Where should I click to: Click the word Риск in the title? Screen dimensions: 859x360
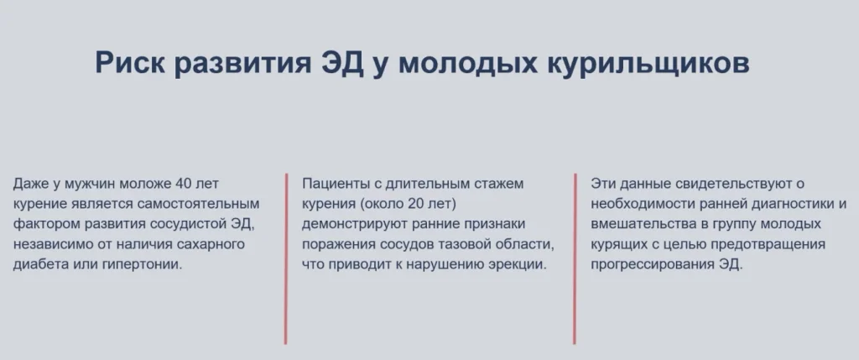(131, 63)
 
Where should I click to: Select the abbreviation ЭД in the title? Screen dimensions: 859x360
(342, 63)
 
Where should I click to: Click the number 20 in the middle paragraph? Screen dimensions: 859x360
(416, 204)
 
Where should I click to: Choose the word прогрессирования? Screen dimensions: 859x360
(651, 264)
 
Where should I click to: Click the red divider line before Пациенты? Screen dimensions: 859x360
(285, 258)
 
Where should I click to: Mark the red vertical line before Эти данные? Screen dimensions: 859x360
(575, 258)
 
